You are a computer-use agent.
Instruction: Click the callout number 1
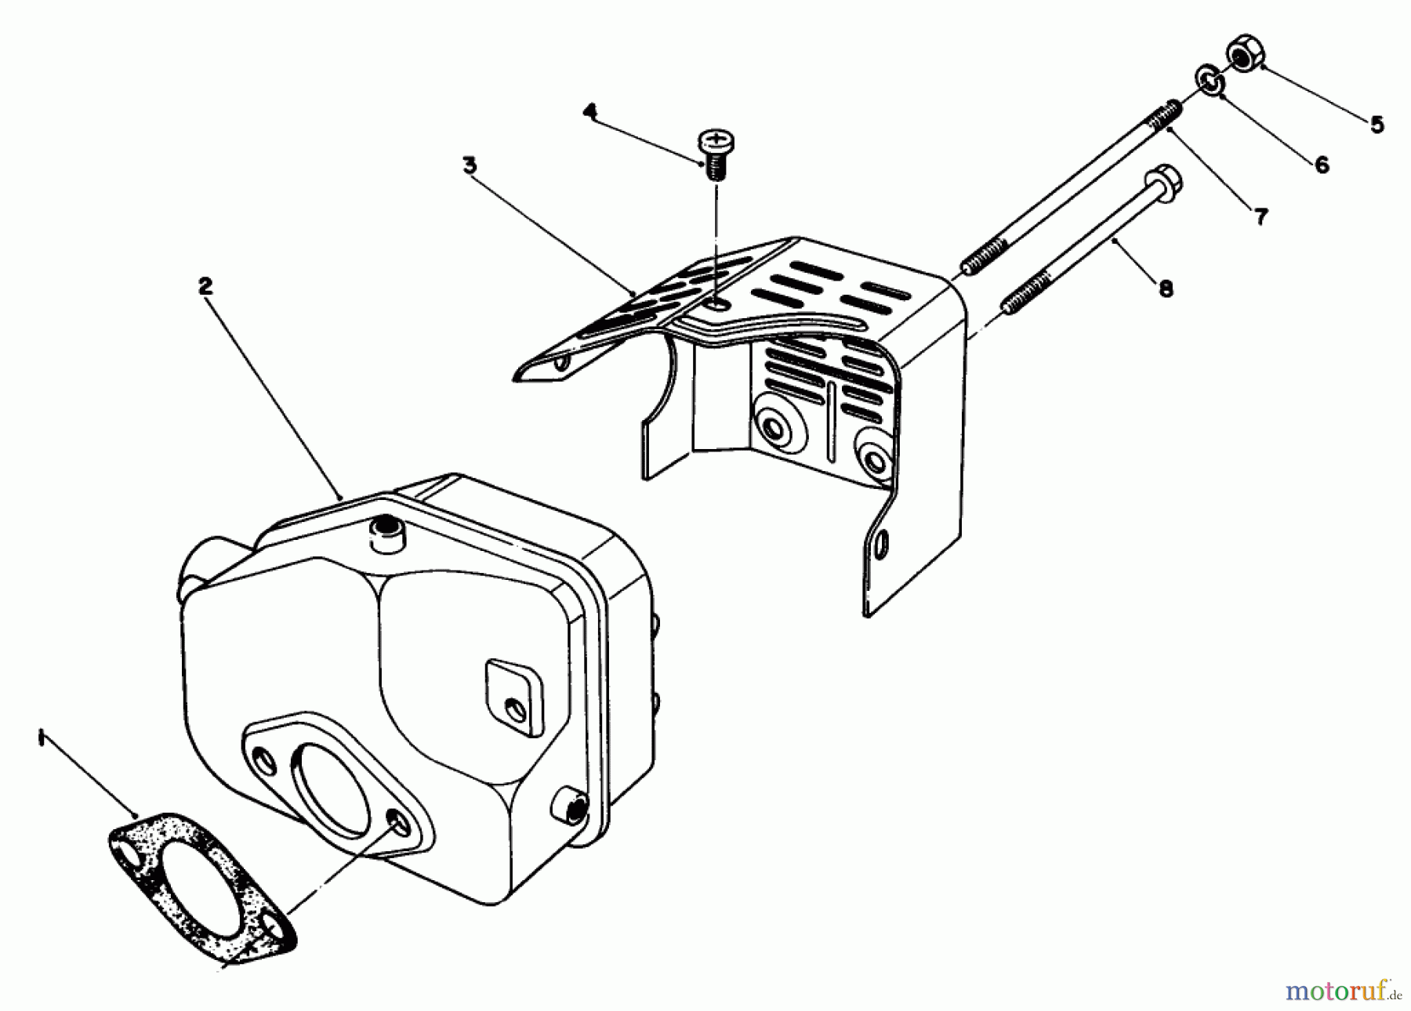pos(40,738)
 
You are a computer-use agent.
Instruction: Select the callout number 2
pos(205,287)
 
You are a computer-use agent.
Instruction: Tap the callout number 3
pos(470,165)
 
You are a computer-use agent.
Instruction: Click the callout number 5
pos(1377,124)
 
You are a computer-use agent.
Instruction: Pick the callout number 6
pos(1322,165)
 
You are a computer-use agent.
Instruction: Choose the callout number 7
pos(1260,216)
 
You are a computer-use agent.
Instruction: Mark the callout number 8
pos(1166,289)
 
